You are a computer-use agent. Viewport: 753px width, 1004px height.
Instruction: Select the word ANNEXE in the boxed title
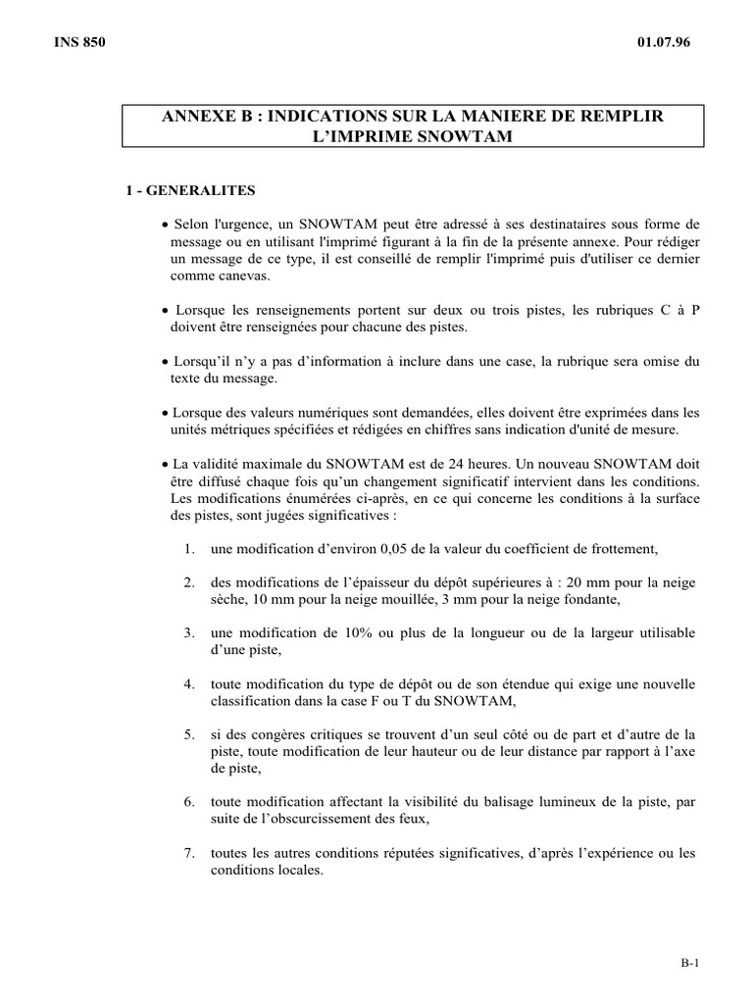[x=197, y=117]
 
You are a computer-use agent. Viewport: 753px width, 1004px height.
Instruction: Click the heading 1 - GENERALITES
[x=190, y=189]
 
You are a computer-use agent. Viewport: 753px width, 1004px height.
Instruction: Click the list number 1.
[x=188, y=548]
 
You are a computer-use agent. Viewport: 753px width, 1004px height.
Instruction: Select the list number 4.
[x=188, y=683]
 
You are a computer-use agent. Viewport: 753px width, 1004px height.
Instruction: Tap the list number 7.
[x=188, y=853]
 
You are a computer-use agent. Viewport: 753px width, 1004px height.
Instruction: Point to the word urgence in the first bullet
[x=232, y=224]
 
